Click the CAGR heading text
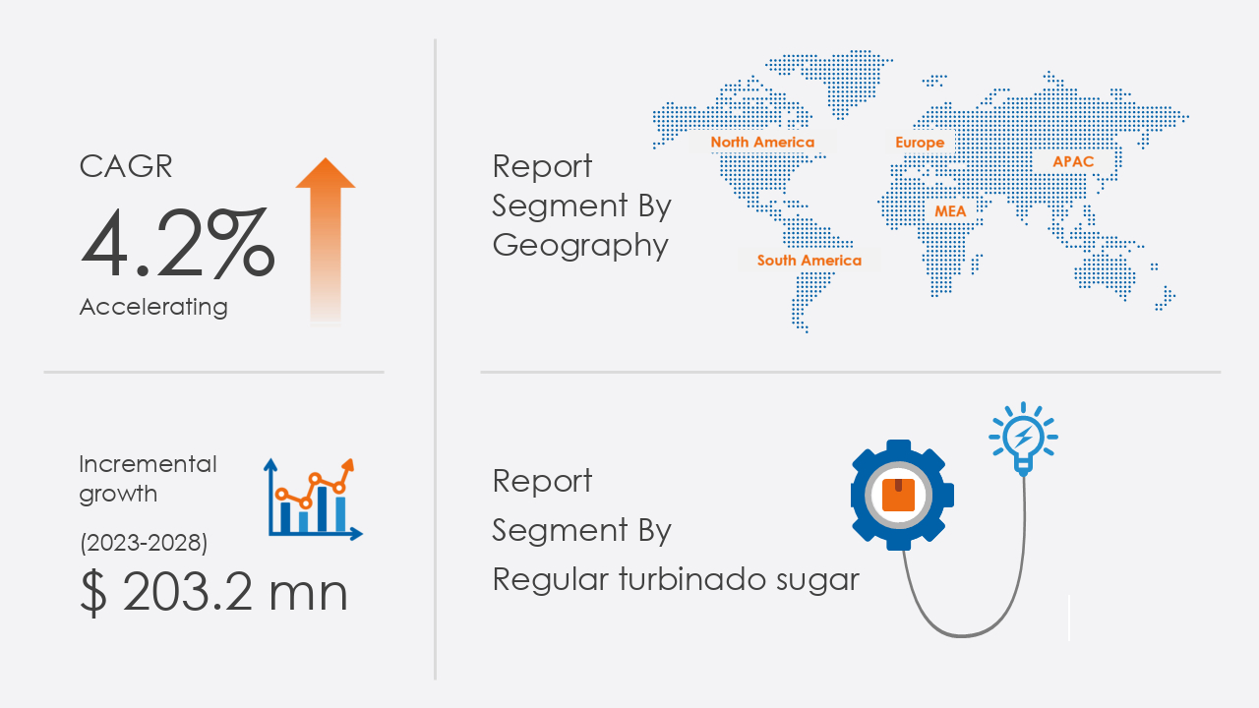pyautogui.click(x=125, y=166)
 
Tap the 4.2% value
pyautogui.click(x=178, y=243)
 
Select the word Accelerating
pyautogui.click(x=153, y=308)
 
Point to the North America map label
pyautogui.click(x=762, y=143)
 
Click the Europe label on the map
pyautogui.click(x=920, y=143)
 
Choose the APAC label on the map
pyautogui.click(x=1073, y=162)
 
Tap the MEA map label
pyautogui.click(x=950, y=211)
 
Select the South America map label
pyautogui.click(x=809, y=261)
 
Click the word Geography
pyautogui.click(x=580, y=246)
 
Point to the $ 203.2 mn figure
pyautogui.click(x=213, y=593)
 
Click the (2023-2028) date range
pyautogui.click(x=144, y=543)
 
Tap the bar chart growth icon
pyautogui.click(x=313, y=500)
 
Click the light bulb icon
pyautogui.click(x=1023, y=439)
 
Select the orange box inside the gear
pyautogui.click(x=898, y=495)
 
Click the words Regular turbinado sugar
pyautogui.click(x=676, y=580)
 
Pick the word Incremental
pyautogui.click(x=148, y=464)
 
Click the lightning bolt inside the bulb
pyautogui.click(x=1024, y=436)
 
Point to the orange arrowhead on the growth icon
pyautogui.click(x=348, y=465)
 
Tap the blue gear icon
pyautogui.click(x=902, y=495)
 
